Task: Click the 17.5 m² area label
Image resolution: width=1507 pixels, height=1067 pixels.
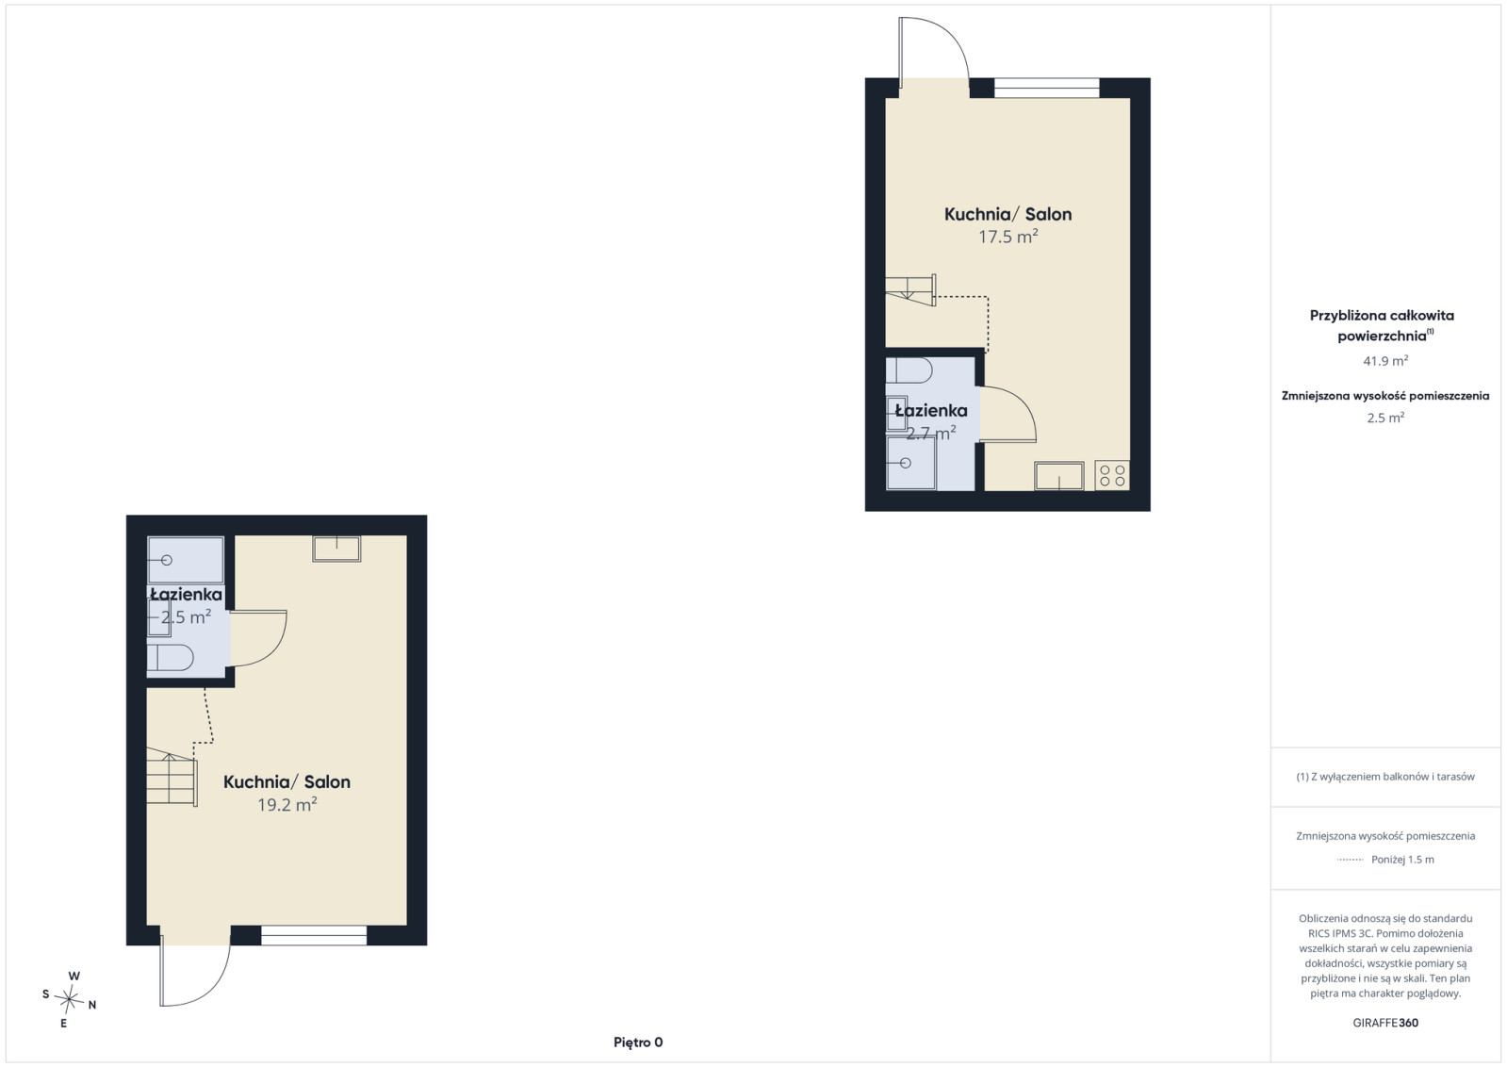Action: point(1007,237)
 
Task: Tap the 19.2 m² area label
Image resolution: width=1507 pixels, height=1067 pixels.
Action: point(287,805)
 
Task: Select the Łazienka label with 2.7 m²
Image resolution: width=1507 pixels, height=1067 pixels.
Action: point(931,410)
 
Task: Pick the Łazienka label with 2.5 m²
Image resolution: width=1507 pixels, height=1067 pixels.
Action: point(187,595)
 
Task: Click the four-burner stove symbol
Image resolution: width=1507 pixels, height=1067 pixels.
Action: point(1112,475)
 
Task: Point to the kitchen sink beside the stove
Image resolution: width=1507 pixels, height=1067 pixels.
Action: point(1059,476)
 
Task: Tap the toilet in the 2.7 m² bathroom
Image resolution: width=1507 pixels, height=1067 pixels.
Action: point(909,370)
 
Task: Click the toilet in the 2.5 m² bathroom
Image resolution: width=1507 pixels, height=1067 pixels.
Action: point(171,657)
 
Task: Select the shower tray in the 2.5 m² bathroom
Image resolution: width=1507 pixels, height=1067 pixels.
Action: point(186,560)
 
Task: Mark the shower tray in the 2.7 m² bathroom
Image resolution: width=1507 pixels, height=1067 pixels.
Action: point(911,463)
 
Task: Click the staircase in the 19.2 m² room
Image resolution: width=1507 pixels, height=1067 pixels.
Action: point(172,777)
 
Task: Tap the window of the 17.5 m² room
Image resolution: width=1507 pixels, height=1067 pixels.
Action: point(1047,89)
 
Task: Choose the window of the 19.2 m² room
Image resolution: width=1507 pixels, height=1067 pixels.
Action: point(314,935)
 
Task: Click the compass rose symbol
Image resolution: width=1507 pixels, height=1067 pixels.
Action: point(70,1000)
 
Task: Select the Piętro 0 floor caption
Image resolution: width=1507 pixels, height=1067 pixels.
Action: point(638,1042)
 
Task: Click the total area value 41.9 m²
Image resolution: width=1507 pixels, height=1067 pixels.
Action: point(1385,361)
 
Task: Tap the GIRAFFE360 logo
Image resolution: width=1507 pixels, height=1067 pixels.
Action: point(1385,1023)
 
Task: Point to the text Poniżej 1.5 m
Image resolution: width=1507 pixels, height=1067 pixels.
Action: point(1402,859)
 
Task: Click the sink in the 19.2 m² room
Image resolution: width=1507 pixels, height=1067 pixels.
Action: point(336,549)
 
